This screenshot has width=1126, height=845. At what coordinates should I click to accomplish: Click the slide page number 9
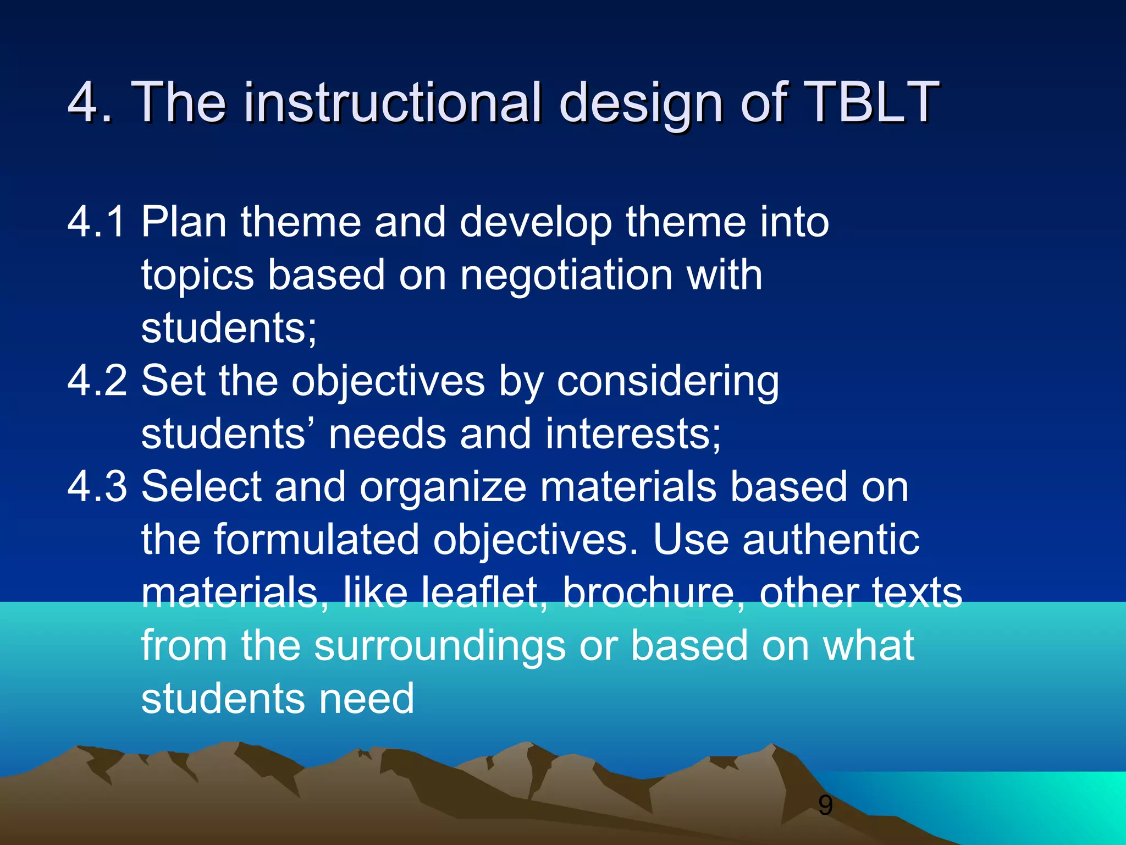tap(825, 805)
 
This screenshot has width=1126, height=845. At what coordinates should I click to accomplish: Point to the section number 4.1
tap(97, 222)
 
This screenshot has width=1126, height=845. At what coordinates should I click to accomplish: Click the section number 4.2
tap(97, 381)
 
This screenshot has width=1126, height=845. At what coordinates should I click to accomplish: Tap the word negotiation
tap(566, 275)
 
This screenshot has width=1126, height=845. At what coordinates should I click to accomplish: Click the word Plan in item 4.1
tap(184, 222)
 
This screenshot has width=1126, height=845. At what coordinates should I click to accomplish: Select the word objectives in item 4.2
tap(388, 382)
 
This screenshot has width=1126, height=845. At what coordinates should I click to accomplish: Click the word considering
tap(668, 382)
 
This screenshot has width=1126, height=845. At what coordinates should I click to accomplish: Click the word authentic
tap(831, 539)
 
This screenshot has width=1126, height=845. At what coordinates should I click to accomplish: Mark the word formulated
tap(316, 539)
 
